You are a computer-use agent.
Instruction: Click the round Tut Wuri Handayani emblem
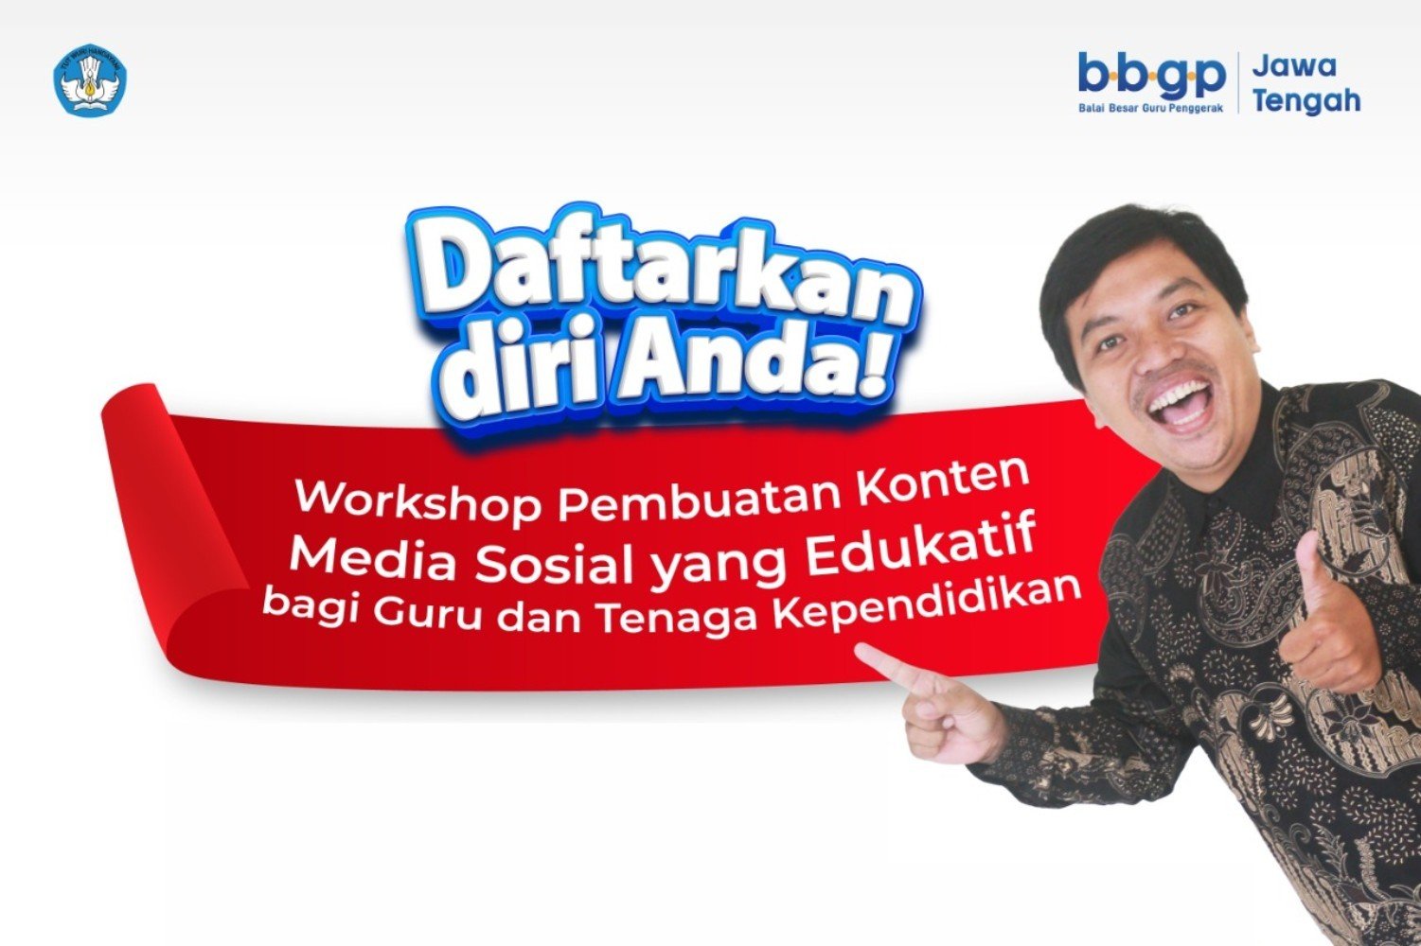pyautogui.click(x=90, y=79)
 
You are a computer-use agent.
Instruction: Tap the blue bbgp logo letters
pyautogui.click(x=1151, y=76)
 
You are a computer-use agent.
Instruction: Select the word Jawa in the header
pyautogui.click(x=1294, y=65)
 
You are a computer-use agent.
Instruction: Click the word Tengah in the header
pyautogui.click(x=1307, y=100)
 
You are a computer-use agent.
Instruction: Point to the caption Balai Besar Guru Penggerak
pyautogui.click(x=1150, y=108)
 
